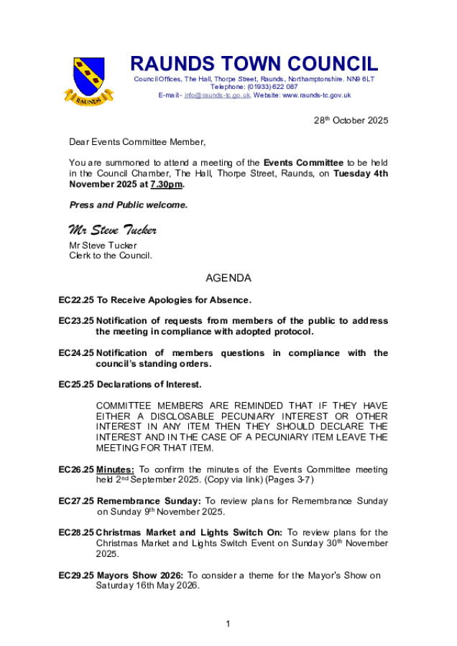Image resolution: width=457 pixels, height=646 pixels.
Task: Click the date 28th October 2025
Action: [x=351, y=121]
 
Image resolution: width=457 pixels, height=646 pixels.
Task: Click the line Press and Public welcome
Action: [x=129, y=205]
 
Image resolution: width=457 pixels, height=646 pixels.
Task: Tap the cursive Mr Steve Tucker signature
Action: [x=113, y=230]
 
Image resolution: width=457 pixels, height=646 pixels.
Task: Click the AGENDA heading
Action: [x=228, y=277]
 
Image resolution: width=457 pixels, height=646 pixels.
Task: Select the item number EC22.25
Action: [x=76, y=299]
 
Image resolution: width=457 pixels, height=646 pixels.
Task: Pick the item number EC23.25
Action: [x=76, y=320]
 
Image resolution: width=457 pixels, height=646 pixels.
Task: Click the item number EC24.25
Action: [x=76, y=352]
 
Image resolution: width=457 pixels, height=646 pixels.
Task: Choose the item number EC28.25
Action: [x=76, y=533]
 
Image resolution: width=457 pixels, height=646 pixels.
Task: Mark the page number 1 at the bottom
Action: [x=228, y=623]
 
